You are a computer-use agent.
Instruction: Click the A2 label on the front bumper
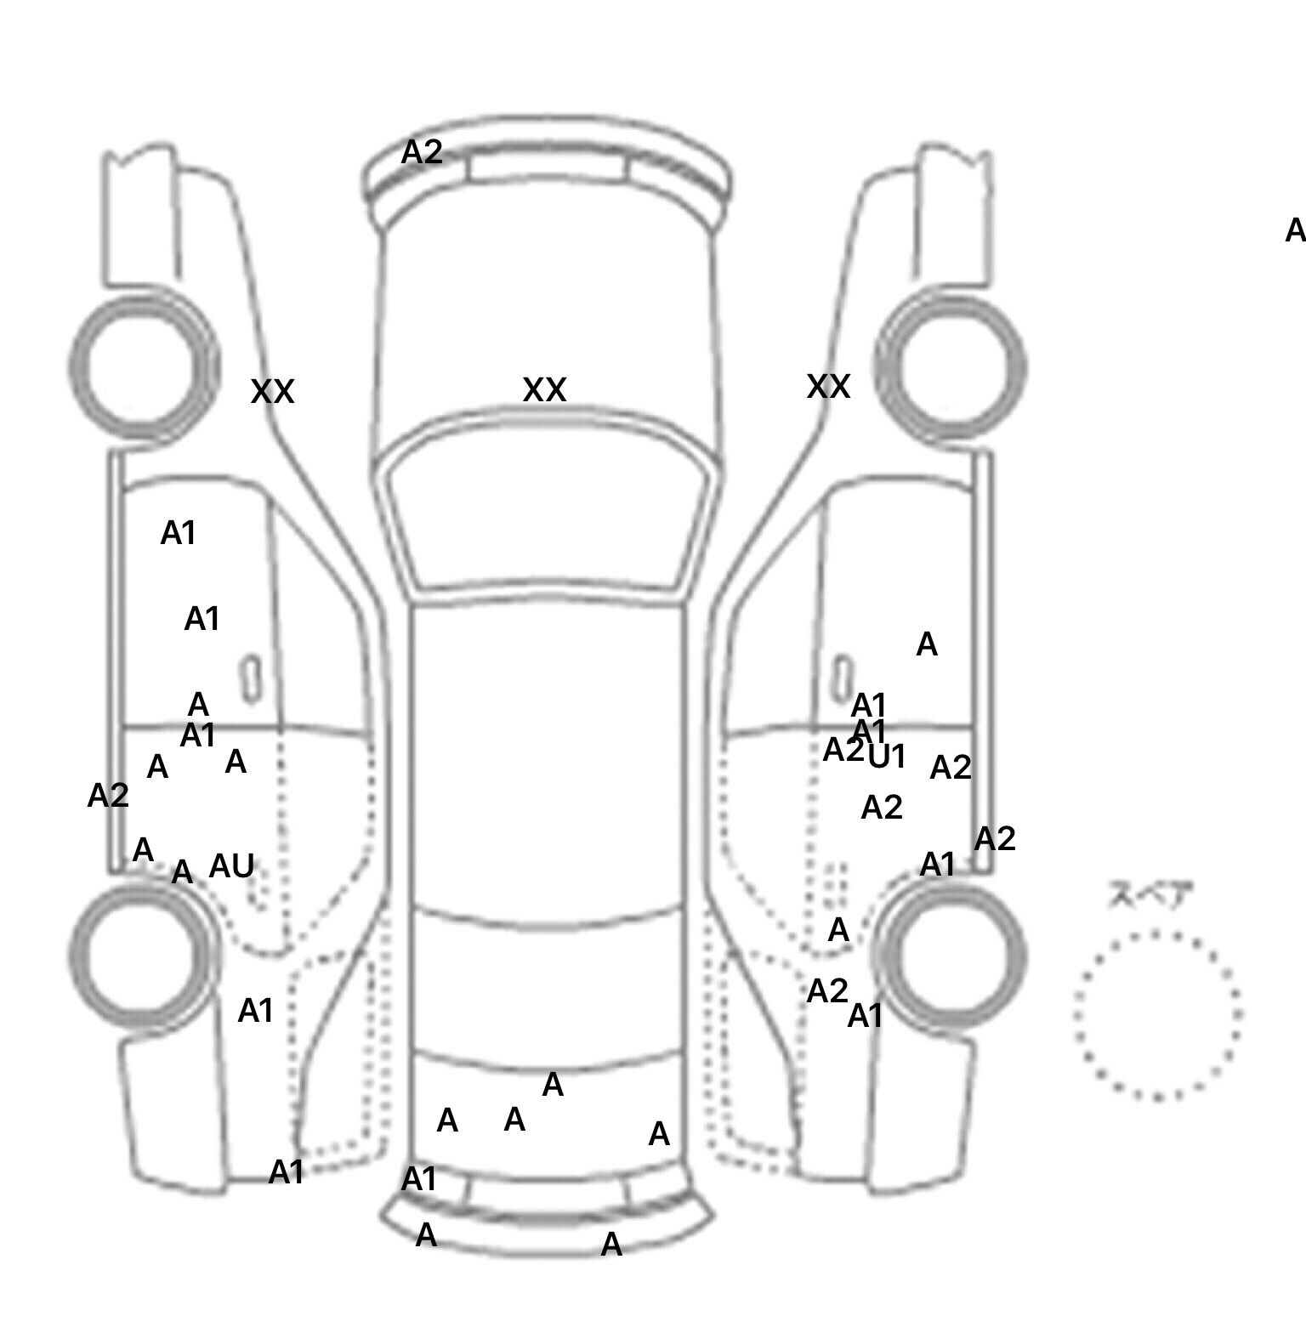point(422,153)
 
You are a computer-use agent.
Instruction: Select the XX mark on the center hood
point(544,390)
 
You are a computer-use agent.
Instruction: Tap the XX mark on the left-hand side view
point(272,392)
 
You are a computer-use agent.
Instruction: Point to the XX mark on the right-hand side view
point(828,387)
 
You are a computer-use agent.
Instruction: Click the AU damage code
point(231,866)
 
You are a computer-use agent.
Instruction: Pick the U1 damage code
point(887,757)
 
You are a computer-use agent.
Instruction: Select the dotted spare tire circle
point(1156,1015)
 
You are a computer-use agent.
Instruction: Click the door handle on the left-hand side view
point(251,678)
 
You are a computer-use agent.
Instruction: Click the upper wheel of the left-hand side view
point(143,366)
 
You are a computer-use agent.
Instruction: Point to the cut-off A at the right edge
point(1294,230)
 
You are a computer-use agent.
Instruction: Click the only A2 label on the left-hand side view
point(108,796)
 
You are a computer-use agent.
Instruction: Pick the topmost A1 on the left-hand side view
point(179,534)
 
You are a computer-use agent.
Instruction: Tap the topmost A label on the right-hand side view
point(927,645)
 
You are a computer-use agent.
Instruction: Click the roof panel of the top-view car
point(548,757)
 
